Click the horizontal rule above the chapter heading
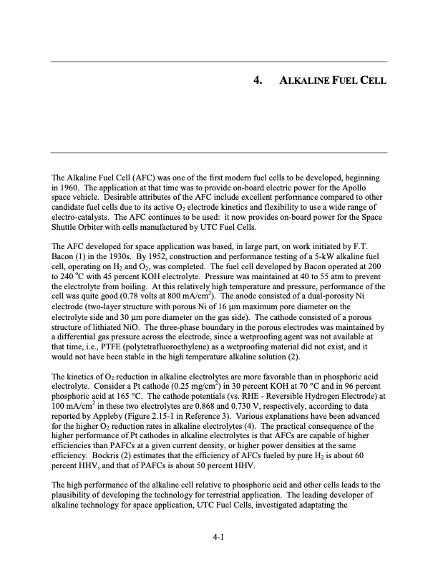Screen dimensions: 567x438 tap(219, 62)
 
